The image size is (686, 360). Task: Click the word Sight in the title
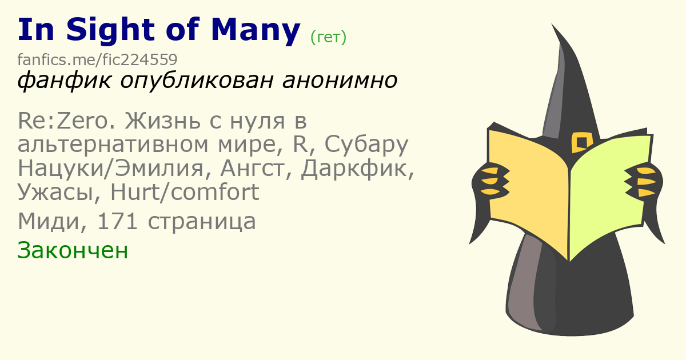tap(110, 30)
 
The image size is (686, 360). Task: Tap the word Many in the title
tap(256, 30)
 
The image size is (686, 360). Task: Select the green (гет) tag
tap(328, 37)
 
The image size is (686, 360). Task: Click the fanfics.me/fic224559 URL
tap(97, 59)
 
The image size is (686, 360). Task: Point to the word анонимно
tap(340, 80)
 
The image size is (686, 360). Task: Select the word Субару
tap(366, 145)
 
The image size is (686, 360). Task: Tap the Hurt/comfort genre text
tap(185, 192)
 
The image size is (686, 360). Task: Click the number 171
tap(117, 221)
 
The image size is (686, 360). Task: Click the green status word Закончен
tap(73, 250)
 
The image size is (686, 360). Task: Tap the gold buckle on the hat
tap(581, 142)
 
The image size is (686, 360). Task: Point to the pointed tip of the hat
tap(552, 24)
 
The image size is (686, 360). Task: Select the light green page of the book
tap(609, 196)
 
